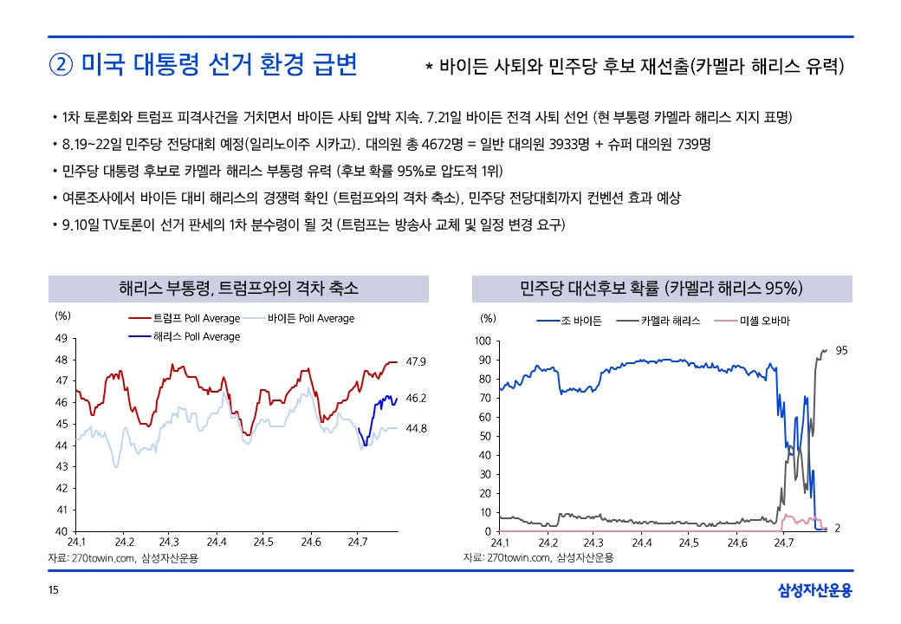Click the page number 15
(x=54, y=591)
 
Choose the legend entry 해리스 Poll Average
(x=196, y=336)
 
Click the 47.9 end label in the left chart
(x=416, y=361)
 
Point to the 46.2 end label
(x=416, y=399)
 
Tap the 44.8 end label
(x=416, y=428)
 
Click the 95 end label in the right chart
(x=841, y=350)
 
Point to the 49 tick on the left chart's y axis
(x=61, y=338)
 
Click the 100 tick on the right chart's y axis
(x=483, y=341)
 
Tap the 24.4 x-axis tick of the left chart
(x=217, y=543)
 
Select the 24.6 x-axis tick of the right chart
(x=736, y=543)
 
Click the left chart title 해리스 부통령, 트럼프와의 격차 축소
(x=238, y=288)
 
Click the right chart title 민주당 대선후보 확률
(x=663, y=288)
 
